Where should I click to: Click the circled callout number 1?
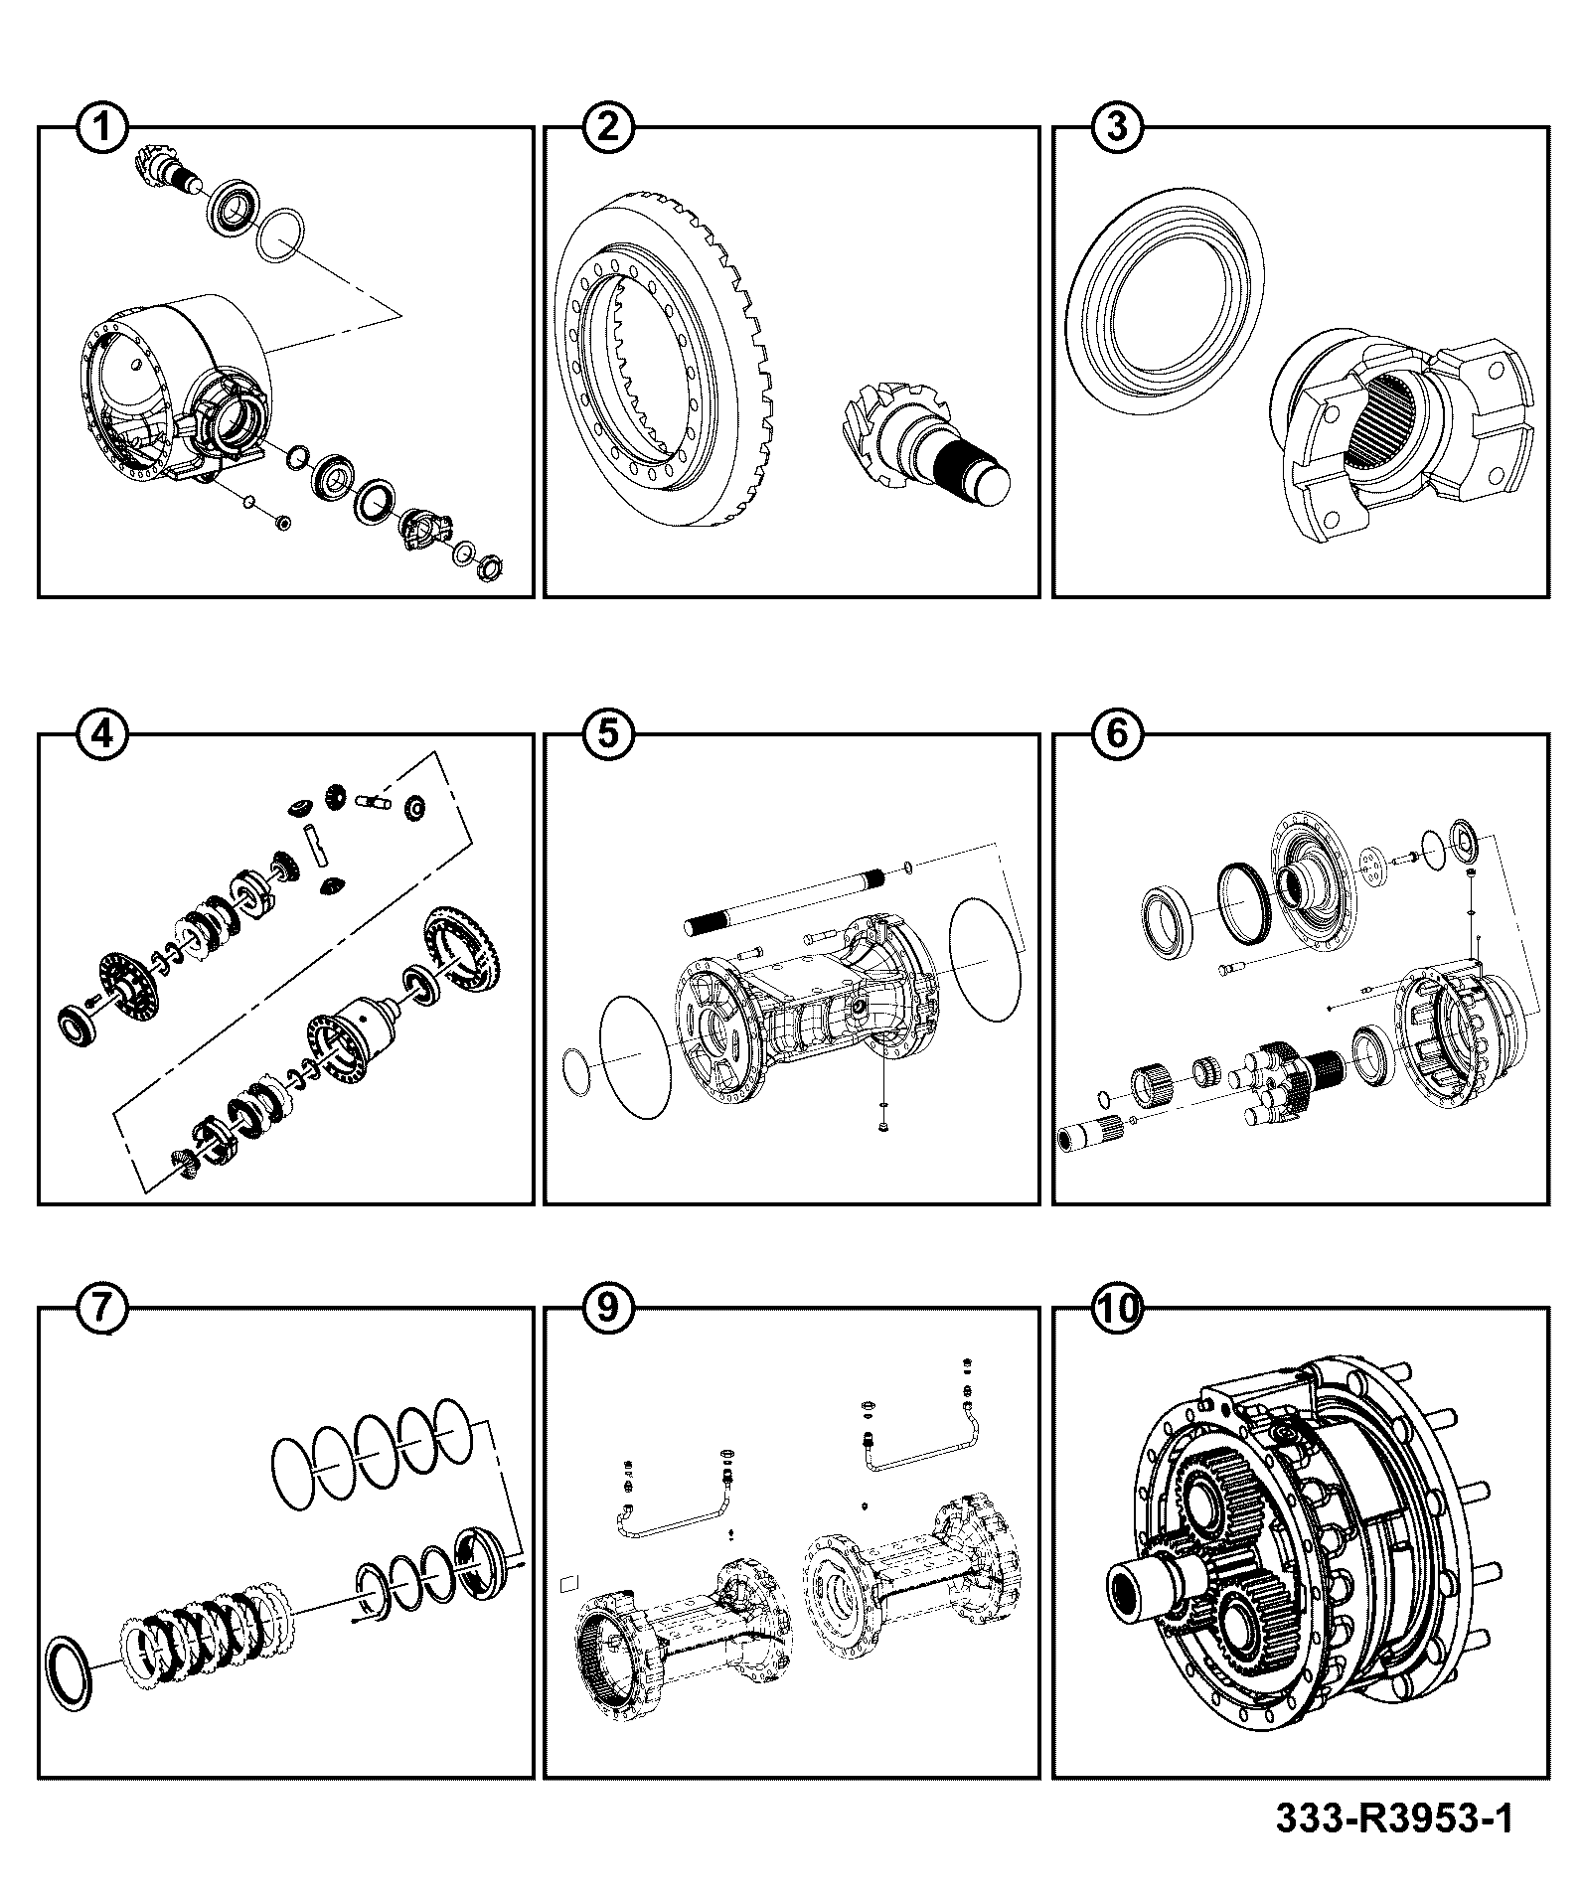point(102,127)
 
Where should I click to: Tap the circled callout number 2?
point(609,127)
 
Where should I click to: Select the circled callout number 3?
point(1117,127)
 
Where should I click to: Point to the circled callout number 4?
point(102,734)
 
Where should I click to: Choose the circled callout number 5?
point(609,734)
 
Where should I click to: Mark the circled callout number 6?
point(1117,734)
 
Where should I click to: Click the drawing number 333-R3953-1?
point(1394,1819)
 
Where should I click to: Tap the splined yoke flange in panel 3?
point(1401,437)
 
